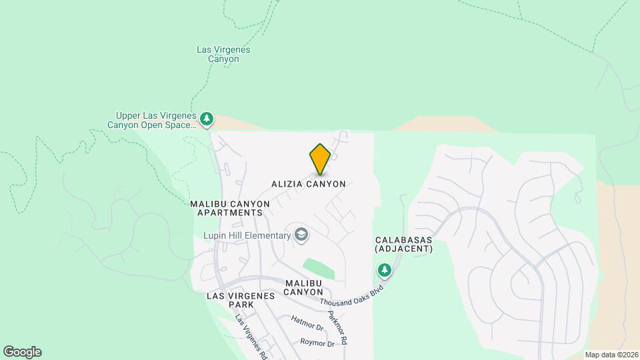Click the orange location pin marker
[x=320, y=159]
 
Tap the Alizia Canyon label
[x=309, y=184]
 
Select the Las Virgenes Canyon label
[x=218, y=54]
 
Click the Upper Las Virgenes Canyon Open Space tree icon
[x=207, y=119]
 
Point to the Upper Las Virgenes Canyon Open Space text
[x=153, y=119]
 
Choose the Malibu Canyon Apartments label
[x=230, y=208]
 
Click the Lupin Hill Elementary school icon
[x=301, y=234]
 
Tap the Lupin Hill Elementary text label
[x=247, y=235]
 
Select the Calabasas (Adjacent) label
[x=404, y=244]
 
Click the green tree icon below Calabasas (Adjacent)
[x=384, y=270]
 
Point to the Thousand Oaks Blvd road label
[x=354, y=294]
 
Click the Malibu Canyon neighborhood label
[x=304, y=287]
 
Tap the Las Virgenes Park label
[x=231, y=299]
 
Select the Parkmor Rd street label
[x=338, y=327]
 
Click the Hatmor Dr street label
[x=307, y=323]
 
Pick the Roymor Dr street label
[x=317, y=343]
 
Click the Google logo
[x=22, y=352]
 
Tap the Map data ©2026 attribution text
[x=611, y=355]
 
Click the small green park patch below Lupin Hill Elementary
[x=319, y=268]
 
